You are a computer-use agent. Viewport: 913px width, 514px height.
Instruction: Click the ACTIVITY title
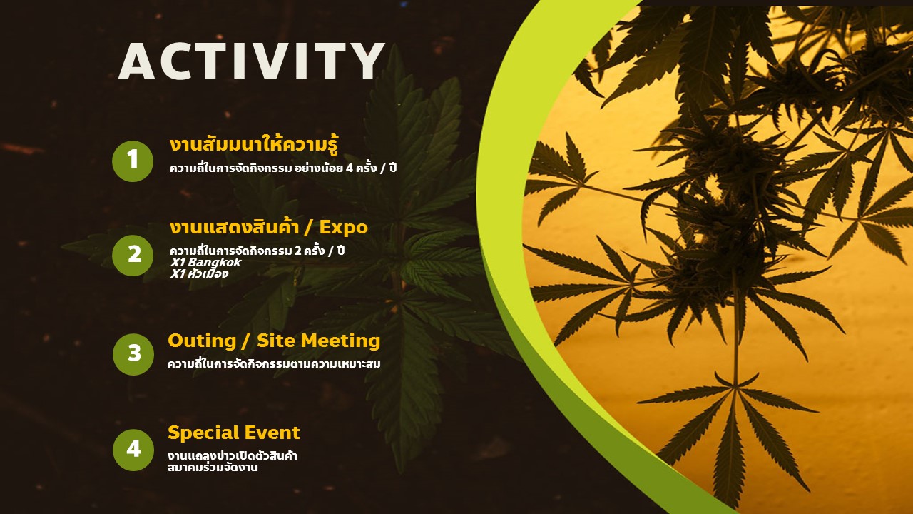point(252,61)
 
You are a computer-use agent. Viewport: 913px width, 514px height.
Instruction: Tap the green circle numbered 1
point(133,161)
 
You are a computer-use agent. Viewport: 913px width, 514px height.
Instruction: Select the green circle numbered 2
point(133,256)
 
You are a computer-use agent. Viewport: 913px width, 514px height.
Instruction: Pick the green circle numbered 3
point(133,354)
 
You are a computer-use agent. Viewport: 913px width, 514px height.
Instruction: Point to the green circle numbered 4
point(133,450)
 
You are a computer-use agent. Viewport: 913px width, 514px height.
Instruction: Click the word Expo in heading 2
point(343,228)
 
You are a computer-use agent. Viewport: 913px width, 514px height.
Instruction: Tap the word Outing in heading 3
point(202,341)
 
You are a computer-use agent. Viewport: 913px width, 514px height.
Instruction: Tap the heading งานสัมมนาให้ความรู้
point(254,145)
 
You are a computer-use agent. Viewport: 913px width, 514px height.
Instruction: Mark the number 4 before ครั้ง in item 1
point(350,168)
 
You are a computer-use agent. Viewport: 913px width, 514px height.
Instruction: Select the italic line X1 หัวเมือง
point(199,273)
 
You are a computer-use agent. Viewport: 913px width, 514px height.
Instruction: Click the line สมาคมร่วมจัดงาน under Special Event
point(213,468)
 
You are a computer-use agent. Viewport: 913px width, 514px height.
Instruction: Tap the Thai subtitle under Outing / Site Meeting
point(274,363)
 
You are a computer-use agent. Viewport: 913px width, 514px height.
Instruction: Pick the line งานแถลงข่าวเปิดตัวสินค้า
point(233,455)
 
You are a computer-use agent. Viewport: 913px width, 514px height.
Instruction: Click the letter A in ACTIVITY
point(136,61)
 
